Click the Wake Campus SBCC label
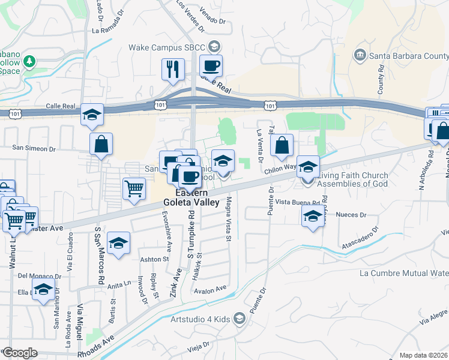coord(169,47)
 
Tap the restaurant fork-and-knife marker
coord(173,70)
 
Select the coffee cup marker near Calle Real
coord(210,65)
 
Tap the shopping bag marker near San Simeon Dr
coord(101,144)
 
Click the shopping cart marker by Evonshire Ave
coord(134,188)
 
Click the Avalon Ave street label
coord(209,289)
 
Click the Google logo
coord(20,353)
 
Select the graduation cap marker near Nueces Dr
coord(312,217)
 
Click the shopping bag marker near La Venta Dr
coord(282,145)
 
